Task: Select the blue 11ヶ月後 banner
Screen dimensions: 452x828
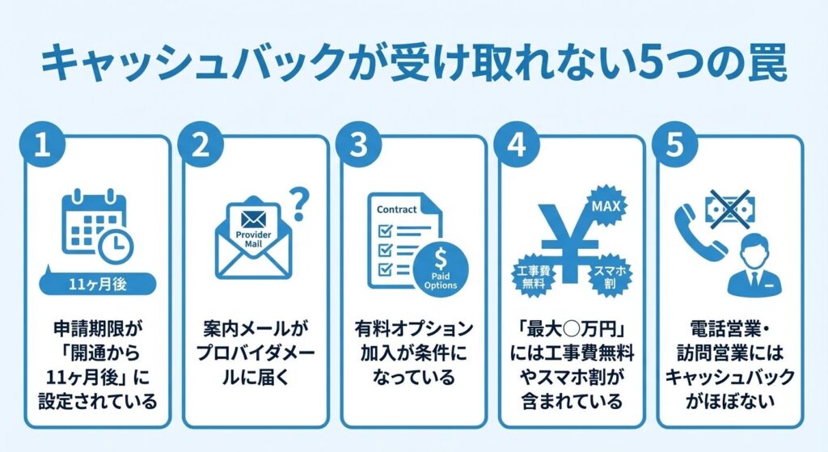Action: point(96,284)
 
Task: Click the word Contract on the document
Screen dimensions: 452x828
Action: point(396,209)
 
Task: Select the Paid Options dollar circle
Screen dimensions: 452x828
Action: point(439,267)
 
